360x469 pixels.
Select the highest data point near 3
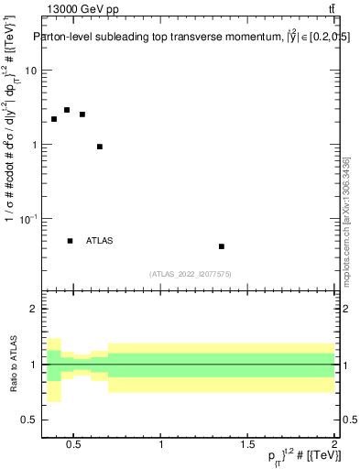[x=67, y=110]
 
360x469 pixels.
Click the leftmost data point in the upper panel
[x=54, y=119]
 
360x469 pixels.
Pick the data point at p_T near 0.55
[x=82, y=115]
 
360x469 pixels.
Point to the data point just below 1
[x=100, y=147]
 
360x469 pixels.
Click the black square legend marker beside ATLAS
[x=71, y=241]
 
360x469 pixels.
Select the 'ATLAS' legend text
[x=100, y=241]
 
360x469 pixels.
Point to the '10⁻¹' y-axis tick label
[x=28, y=218]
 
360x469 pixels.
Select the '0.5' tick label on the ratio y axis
[x=30, y=420]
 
